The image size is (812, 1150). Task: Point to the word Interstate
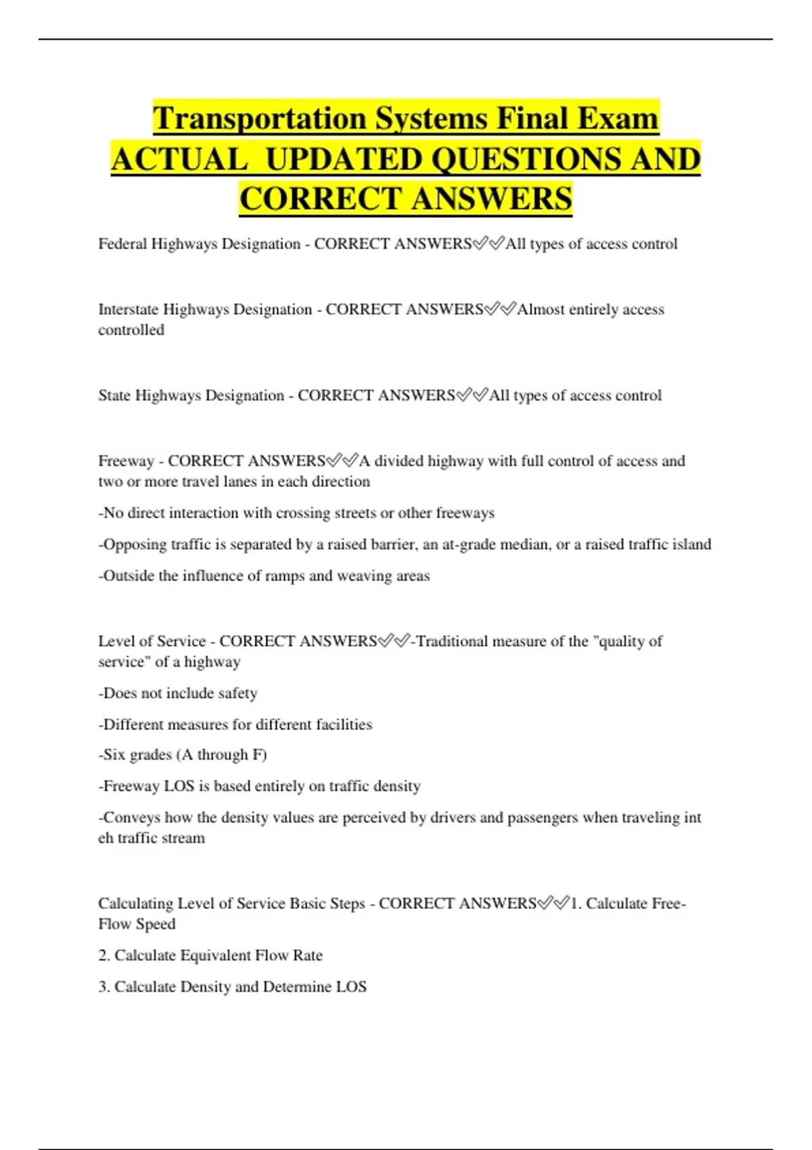click(x=129, y=310)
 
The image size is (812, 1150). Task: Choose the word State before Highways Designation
click(x=114, y=396)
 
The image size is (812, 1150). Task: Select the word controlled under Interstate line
click(x=131, y=330)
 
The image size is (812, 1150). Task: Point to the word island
click(x=690, y=545)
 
